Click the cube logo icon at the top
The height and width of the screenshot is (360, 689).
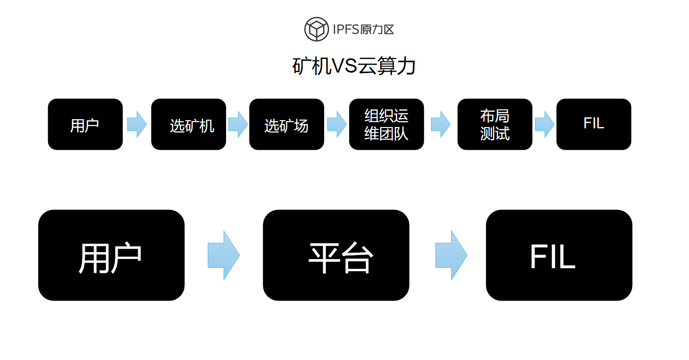pyautogui.click(x=316, y=29)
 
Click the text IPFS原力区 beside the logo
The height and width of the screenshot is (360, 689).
pyautogui.click(x=363, y=29)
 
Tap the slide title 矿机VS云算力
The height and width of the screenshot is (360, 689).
pyautogui.click(x=354, y=66)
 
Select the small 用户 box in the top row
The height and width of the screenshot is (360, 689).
pyautogui.click(x=85, y=125)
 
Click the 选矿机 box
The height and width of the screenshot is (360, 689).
pyautogui.click(x=188, y=125)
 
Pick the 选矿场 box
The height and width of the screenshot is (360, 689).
pyautogui.click(x=286, y=125)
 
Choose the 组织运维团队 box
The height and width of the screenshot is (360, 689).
pyautogui.click(x=386, y=125)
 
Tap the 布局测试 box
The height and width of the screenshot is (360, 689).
pyautogui.click(x=495, y=125)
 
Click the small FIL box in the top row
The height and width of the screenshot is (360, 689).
pyautogui.click(x=593, y=125)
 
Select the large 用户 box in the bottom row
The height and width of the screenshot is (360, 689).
pyautogui.click(x=111, y=255)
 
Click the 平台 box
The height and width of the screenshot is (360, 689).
pyautogui.click(x=336, y=255)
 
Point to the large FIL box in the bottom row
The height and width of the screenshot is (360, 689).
pyautogui.click(x=559, y=255)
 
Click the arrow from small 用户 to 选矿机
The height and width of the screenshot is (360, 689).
pyautogui.click(x=137, y=125)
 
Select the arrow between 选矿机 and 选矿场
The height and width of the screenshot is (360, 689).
pyautogui.click(x=238, y=125)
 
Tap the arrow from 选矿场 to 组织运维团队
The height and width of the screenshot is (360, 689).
pyautogui.click(x=337, y=125)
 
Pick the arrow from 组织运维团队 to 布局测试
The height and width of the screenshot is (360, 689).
pyautogui.click(x=440, y=125)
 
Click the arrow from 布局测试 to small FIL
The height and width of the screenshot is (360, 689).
pyautogui.click(x=544, y=125)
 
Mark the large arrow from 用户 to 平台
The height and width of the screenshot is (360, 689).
pyautogui.click(x=224, y=255)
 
